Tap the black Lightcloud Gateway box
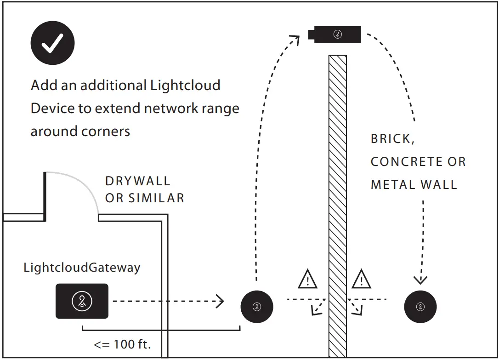point(82,301)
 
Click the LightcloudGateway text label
point(82,268)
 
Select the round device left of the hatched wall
point(257,307)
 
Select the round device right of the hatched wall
point(420,307)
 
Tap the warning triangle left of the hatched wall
point(307,280)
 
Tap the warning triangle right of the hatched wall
point(361,280)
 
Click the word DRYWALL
point(137,181)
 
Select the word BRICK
point(392,139)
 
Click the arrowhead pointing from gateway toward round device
point(221,302)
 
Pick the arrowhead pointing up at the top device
point(295,40)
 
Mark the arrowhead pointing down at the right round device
point(420,280)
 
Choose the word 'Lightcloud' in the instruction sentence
point(185,86)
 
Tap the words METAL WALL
point(414,185)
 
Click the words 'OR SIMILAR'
point(144,198)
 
